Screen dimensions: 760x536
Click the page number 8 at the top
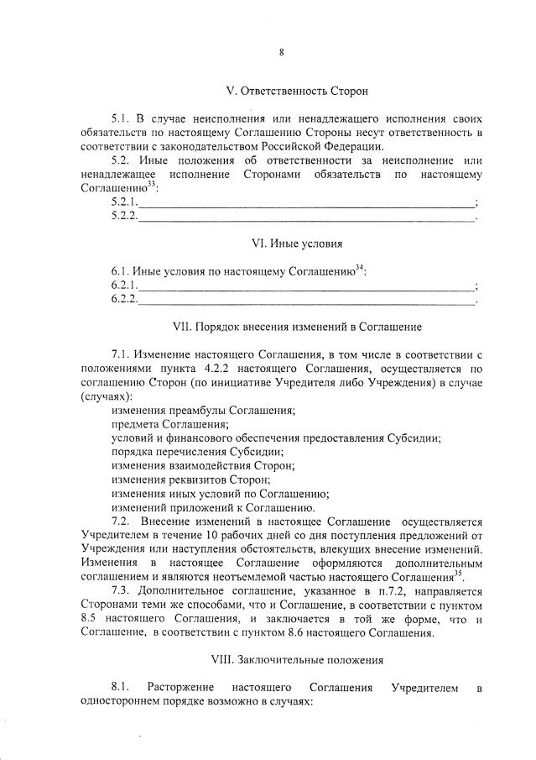coord(282,52)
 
